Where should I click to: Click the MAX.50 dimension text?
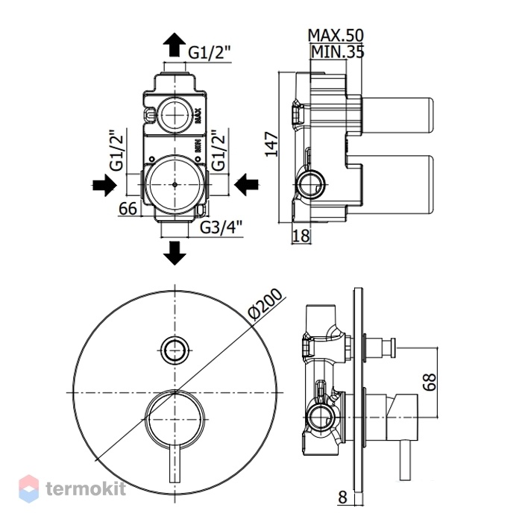(336, 35)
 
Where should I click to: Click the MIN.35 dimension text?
(338, 51)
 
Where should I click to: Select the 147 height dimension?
(271, 144)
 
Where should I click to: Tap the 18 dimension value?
(301, 236)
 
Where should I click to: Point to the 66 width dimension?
(128, 209)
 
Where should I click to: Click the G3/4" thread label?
(221, 227)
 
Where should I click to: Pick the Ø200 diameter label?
(265, 304)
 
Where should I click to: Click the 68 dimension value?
(430, 382)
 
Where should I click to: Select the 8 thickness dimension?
(342, 497)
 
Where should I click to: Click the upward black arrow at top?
(174, 45)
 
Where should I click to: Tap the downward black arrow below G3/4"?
(174, 253)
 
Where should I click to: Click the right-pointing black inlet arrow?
(104, 185)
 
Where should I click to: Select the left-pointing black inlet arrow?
(246, 184)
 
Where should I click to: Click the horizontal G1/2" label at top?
(210, 53)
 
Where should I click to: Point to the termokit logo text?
(86, 489)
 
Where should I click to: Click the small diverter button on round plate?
(174, 350)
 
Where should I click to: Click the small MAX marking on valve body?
(198, 116)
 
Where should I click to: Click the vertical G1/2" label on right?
(219, 150)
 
